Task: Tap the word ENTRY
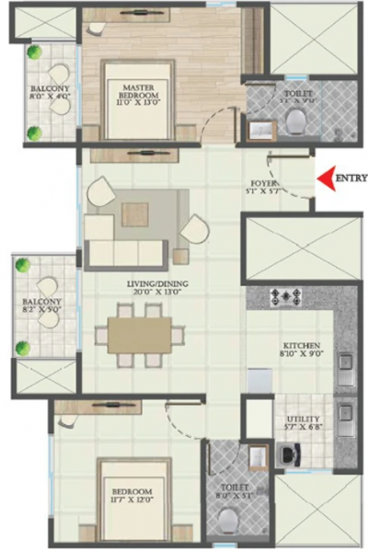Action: (x=351, y=178)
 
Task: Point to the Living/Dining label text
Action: (x=135, y=283)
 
